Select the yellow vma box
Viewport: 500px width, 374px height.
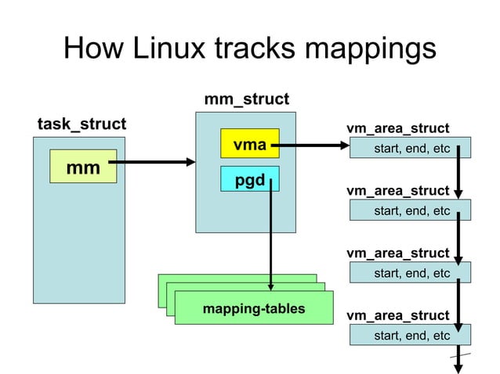click(x=249, y=144)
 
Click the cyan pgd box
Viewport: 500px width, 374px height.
click(x=249, y=181)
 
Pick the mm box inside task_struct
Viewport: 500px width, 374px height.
click(x=82, y=167)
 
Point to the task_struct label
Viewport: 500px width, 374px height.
click(x=82, y=124)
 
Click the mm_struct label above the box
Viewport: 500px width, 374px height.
click(x=246, y=99)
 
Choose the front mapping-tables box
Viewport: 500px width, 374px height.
click(x=253, y=309)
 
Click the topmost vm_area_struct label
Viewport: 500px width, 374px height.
click(x=397, y=128)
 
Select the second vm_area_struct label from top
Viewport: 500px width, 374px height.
click(x=397, y=191)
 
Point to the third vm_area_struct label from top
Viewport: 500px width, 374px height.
click(x=397, y=254)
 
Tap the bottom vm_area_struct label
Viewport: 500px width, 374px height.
click(x=397, y=316)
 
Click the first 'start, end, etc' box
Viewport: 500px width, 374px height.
click(x=411, y=148)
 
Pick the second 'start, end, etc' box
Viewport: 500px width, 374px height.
click(x=411, y=210)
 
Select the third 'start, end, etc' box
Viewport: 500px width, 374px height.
click(x=411, y=273)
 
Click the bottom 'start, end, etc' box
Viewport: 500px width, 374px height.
click(x=411, y=336)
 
